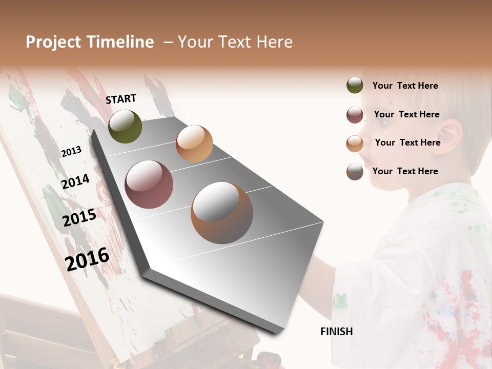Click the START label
121,99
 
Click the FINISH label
336,332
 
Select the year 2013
71,151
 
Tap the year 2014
76,181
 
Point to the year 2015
79,218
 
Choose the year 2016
87,259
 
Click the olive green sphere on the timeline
125,126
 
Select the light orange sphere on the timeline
194,143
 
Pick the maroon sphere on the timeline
149,184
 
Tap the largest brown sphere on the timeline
222,212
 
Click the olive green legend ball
355,86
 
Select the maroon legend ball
355,115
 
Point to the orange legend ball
355,143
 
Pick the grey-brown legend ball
355,172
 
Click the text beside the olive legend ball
405,86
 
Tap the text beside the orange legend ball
407,142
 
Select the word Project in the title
53,42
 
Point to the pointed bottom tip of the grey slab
277,334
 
